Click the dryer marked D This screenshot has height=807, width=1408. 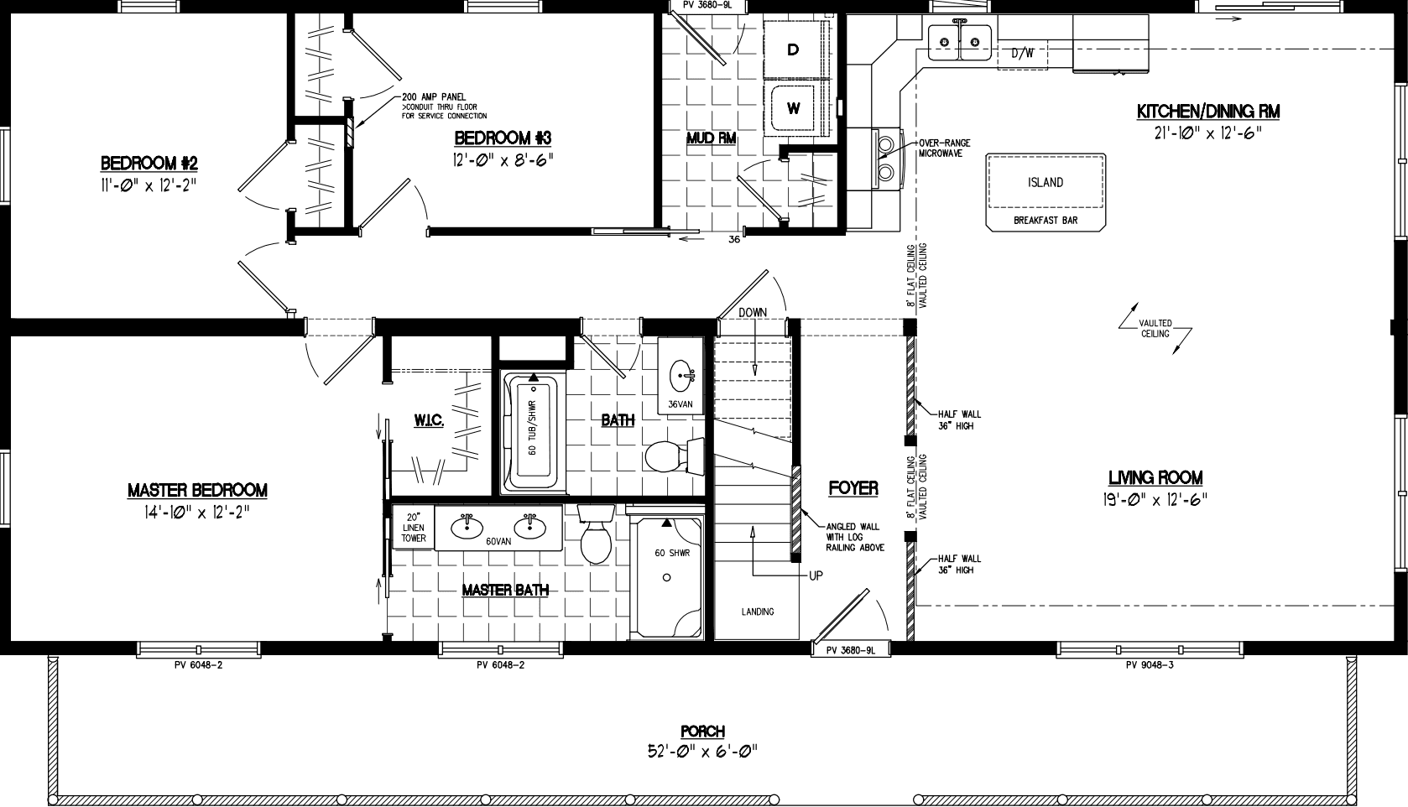[x=793, y=50]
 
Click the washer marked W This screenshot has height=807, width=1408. [x=793, y=107]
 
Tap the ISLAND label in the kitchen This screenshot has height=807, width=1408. [x=1045, y=182]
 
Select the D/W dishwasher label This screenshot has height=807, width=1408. [x=1022, y=54]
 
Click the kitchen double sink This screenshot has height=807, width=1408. [x=960, y=39]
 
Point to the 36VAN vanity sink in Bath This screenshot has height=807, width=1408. [x=681, y=372]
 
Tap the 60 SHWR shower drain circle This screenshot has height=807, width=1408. [x=667, y=577]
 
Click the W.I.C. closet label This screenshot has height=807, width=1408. [x=428, y=419]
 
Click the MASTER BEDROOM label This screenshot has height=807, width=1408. [x=197, y=490]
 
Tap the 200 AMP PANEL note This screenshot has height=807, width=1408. [x=433, y=97]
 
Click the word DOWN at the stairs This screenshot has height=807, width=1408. [x=753, y=312]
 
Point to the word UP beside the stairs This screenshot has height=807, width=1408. [x=816, y=575]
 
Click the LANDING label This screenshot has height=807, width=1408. [x=757, y=612]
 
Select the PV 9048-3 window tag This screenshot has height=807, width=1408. [x=1149, y=665]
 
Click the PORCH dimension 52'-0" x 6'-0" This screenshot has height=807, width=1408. [x=702, y=751]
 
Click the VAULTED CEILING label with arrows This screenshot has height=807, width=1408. [x=1155, y=328]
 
